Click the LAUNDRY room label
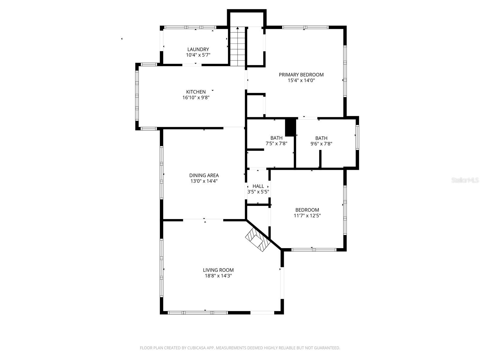pyautogui.click(x=198, y=49)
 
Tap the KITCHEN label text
pyautogui.click(x=196, y=92)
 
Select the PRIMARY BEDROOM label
pyautogui.click(x=301, y=75)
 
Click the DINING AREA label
pyautogui.click(x=204, y=175)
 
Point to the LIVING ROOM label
pyautogui.click(x=218, y=270)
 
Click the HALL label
pyautogui.click(x=258, y=186)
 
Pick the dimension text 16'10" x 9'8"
pyautogui.click(x=196, y=97)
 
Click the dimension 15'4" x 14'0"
pyautogui.click(x=301, y=80)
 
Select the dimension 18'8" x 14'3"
pyautogui.click(x=218, y=276)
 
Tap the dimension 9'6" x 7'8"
pyautogui.click(x=321, y=144)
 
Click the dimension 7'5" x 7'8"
pyautogui.click(x=276, y=144)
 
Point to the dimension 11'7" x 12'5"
pyautogui.click(x=307, y=215)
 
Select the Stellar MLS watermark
pyautogui.click(x=465, y=180)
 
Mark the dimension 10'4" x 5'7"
pyautogui.click(x=198, y=55)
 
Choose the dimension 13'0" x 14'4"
pyautogui.click(x=204, y=181)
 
